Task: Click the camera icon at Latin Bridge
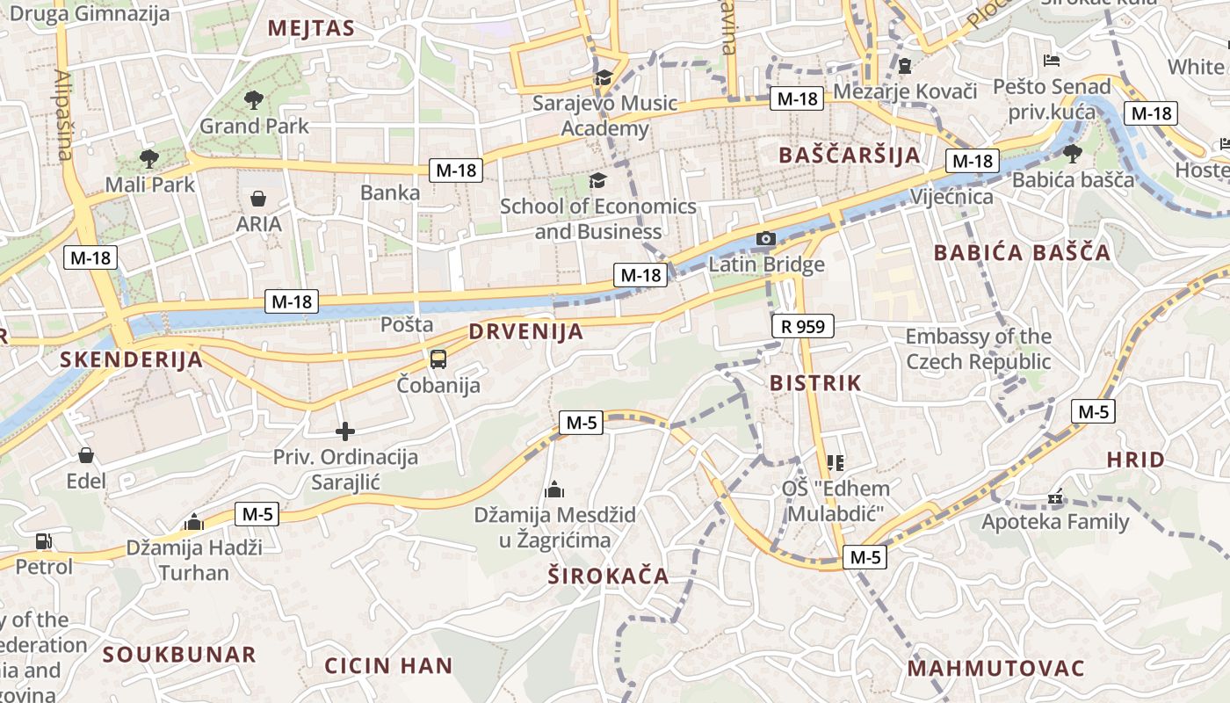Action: pos(766,238)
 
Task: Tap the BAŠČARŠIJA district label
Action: pos(850,156)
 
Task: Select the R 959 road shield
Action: pos(802,327)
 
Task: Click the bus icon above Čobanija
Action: pos(438,359)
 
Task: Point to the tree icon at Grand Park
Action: pos(254,99)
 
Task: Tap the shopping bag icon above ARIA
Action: pos(258,199)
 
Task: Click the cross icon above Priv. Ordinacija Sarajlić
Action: pos(345,431)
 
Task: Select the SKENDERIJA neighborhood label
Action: pos(131,359)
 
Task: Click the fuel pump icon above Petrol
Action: pos(43,541)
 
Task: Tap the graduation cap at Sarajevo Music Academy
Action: pos(604,77)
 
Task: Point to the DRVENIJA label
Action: pos(526,332)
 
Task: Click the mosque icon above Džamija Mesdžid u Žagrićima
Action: pos(554,489)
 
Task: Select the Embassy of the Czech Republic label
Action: pos(978,349)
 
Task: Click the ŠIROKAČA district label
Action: pos(608,576)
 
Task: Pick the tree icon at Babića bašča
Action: pos(1072,154)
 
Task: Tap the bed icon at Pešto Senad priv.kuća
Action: pos(1052,61)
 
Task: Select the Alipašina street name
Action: pos(63,114)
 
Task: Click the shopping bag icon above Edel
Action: pos(86,455)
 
